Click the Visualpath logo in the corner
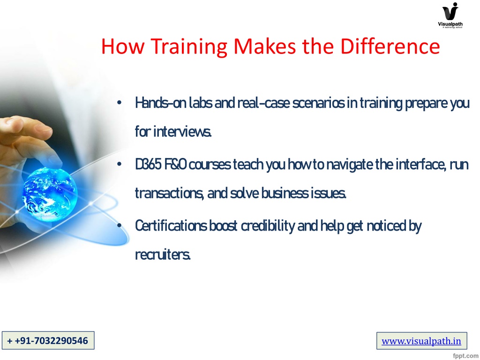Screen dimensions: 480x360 click(x=450, y=15)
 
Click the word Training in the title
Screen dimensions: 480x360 click(x=189, y=46)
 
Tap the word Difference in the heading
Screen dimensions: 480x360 click(x=390, y=46)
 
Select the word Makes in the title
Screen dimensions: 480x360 click(x=265, y=46)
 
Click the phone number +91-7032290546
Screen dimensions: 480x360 click(x=48, y=340)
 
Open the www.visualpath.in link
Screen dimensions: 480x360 click(x=421, y=341)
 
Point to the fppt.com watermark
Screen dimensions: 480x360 click(x=465, y=355)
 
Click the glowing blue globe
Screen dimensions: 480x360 click(x=50, y=195)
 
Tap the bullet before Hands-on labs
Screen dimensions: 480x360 click(x=120, y=103)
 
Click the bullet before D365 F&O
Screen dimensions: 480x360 click(x=120, y=165)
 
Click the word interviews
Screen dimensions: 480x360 click(x=182, y=132)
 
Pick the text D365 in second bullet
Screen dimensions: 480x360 click(x=148, y=165)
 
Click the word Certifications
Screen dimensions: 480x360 click(x=171, y=225)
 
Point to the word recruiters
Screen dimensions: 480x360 click(x=163, y=255)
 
